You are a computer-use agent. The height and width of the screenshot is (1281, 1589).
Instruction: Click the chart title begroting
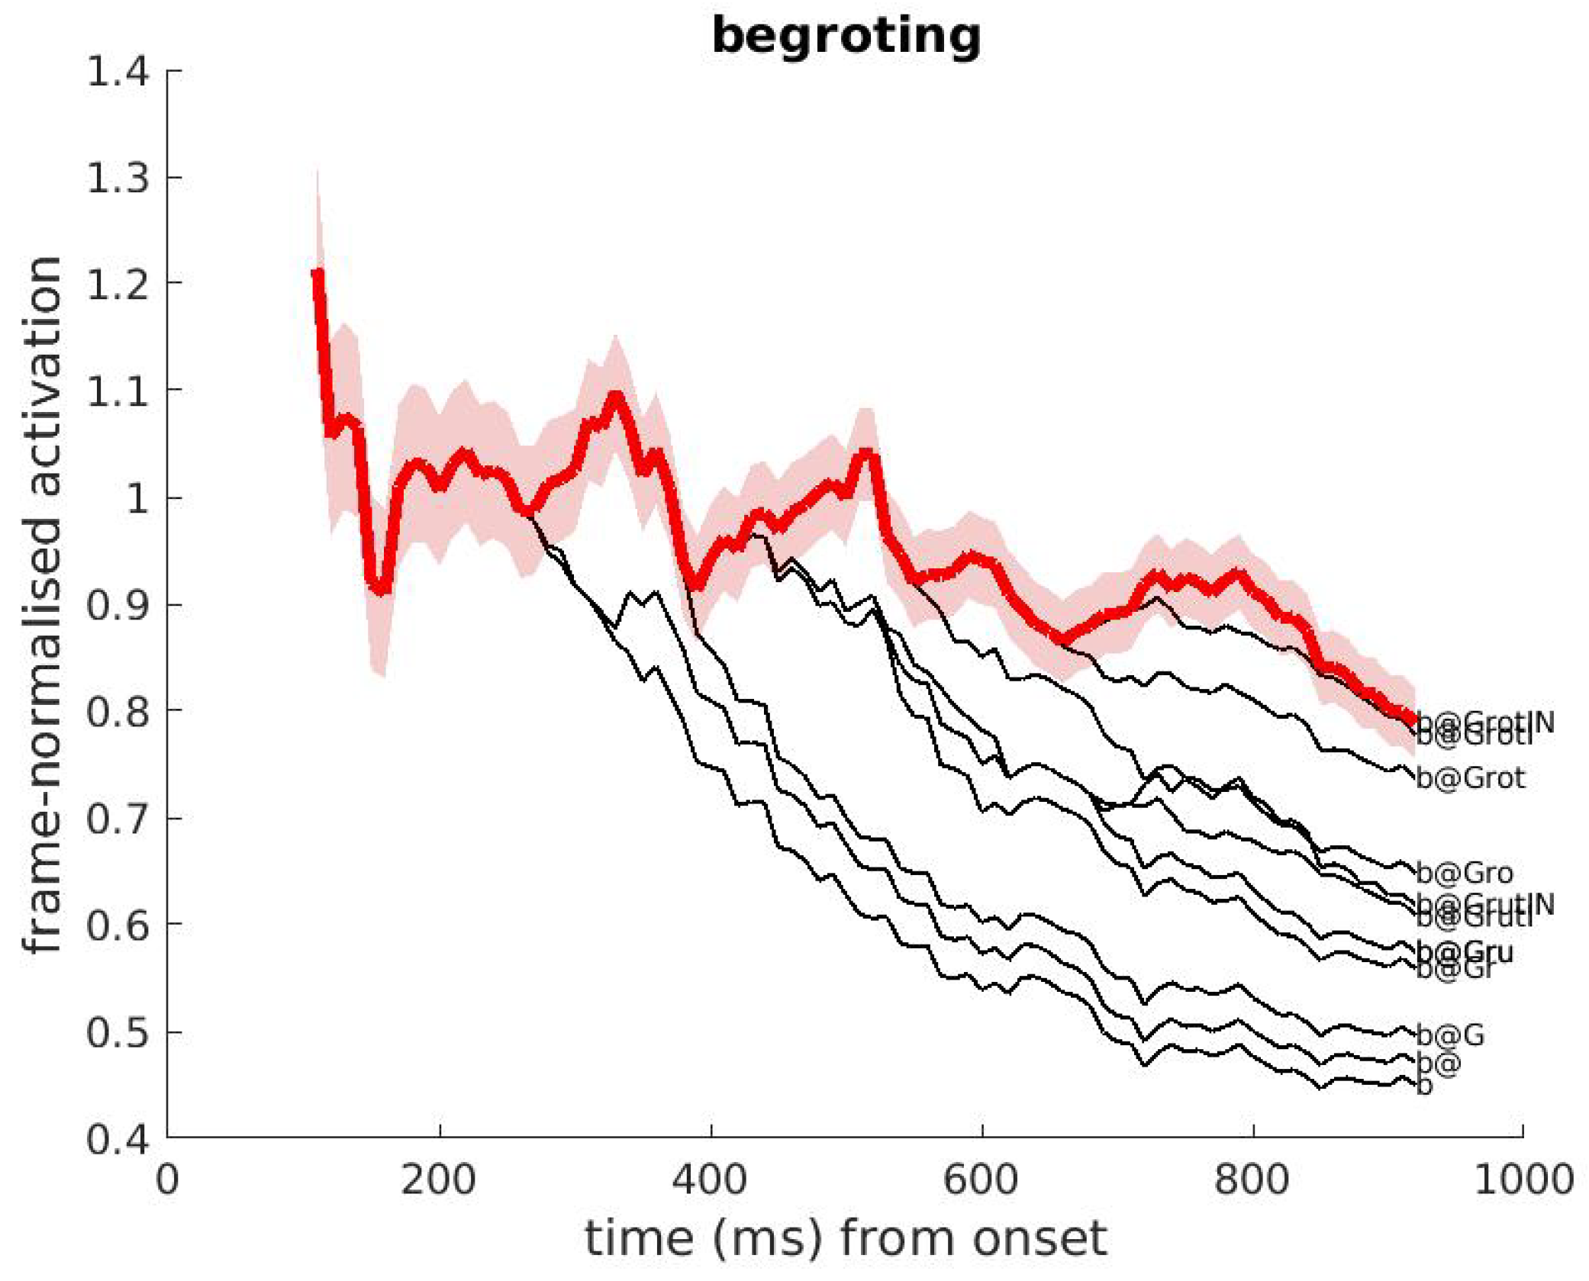pos(846,37)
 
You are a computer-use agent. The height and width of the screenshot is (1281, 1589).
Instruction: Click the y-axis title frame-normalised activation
pos(43,604)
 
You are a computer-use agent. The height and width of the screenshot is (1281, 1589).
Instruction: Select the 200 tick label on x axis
pos(439,1180)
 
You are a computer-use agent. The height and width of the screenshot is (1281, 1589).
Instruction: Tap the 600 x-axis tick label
pos(981,1180)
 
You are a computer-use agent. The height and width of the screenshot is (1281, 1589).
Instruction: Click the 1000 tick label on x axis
pos(1523,1180)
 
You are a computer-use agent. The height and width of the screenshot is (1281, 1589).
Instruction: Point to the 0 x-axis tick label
pos(167,1180)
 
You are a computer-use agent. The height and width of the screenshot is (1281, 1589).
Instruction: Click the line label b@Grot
pos(1470,778)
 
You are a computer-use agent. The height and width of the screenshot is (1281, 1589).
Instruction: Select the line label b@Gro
pos(1464,872)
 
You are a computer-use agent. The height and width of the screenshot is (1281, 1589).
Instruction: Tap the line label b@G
pos(1450,1035)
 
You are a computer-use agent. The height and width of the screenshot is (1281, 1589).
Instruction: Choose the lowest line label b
pos(1424,1085)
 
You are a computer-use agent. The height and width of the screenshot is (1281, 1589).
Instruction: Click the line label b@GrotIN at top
pos(1484,721)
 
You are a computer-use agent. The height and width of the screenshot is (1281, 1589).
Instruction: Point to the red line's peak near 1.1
pos(616,396)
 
